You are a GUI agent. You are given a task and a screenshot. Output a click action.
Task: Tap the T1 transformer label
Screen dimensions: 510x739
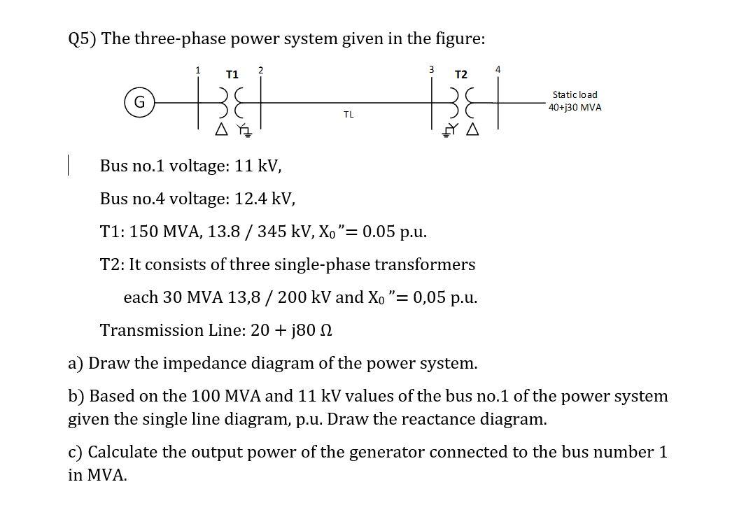coord(232,73)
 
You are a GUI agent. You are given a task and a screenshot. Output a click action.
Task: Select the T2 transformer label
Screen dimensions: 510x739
coord(461,74)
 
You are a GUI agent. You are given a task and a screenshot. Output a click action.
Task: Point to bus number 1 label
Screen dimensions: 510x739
coord(198,69)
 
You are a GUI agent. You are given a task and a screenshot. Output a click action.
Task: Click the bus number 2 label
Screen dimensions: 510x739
coord(260,69)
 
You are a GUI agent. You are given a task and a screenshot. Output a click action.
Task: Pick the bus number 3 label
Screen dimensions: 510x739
coord(432,69)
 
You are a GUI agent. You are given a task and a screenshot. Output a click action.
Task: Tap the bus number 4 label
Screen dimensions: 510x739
coord(498,69)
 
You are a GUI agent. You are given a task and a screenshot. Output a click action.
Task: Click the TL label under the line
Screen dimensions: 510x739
coord(349,114)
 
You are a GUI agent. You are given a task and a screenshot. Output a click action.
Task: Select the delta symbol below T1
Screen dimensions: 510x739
coord(222,129)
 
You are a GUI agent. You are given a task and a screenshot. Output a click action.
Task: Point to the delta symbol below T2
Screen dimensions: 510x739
coord(473,129)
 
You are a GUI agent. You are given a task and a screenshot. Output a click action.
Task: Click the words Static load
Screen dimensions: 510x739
coord(575,94)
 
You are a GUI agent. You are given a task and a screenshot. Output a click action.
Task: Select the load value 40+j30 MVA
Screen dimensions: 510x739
coord(575,107)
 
